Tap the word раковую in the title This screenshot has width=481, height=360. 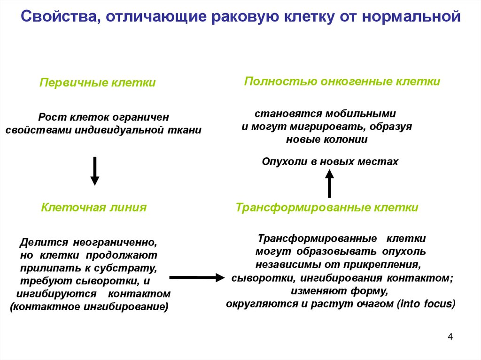pyautogui.click(x=246, y=17)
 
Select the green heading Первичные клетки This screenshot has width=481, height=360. pyautogui.click(x=97, y=83)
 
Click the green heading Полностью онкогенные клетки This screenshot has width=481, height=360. pyautogui.click(x=342, y=81)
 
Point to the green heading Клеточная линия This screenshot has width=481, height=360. pyautogui.click(x=94, y=207)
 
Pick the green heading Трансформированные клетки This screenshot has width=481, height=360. pyautogui.click(x=327, y=207)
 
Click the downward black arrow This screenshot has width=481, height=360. pyautogui.click(x=95, y=171)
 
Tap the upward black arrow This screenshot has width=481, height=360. pyautogui.click(x=330, y=184)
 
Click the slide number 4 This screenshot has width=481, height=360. pyautogui.click(x=450, y=337)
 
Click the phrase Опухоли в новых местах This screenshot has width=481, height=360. pyautogui.click(x=330, y=161)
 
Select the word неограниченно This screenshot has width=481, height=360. pyautogui.click(x=115, y=244)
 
